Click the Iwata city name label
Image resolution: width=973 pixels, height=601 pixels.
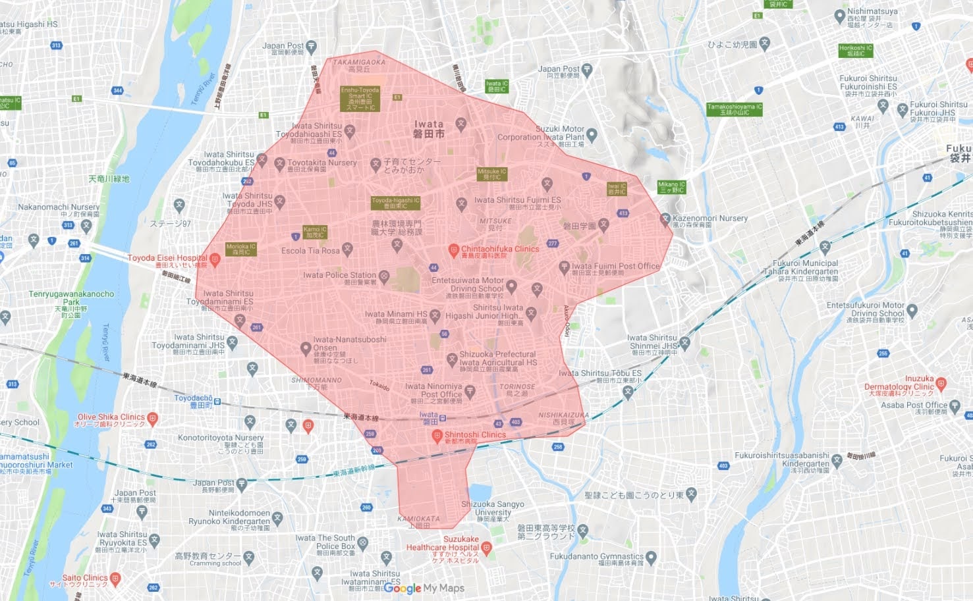point(429,128)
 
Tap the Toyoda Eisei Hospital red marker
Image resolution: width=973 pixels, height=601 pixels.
point(214,259)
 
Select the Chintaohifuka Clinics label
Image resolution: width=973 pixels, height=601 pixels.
point(499,249)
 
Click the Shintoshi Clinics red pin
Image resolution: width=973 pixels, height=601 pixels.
point(436,435)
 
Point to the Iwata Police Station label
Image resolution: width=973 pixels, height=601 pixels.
point(339,275)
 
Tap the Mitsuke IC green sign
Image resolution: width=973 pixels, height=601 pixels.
point(492,174)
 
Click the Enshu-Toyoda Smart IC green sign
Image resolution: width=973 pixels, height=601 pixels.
point(360,99)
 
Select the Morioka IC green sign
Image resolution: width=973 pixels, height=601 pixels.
point(240,249)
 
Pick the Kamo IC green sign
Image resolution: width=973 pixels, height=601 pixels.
point(315,232)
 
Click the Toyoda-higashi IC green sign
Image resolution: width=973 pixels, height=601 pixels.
point(395,203)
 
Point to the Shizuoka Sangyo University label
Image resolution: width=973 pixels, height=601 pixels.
point(493,508)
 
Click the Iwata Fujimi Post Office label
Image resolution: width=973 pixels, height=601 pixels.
point(615,267)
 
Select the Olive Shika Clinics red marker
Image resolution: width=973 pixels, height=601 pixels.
point(153,417)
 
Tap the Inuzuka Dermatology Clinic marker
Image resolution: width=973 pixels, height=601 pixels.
point(941,383)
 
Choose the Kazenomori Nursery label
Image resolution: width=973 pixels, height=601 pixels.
point(710,219)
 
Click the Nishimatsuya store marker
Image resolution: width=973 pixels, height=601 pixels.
point(839,16)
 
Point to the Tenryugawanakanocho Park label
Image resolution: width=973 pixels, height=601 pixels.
point(71,298)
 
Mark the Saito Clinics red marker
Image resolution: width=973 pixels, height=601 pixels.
point(116,579)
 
